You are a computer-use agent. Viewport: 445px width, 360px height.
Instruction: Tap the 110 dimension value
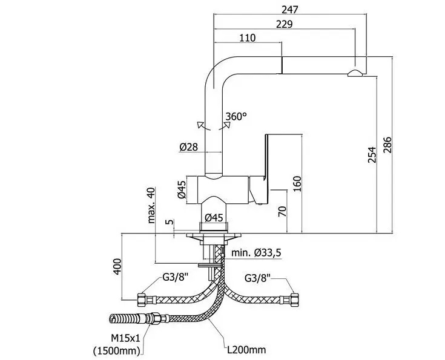tap(247, 38)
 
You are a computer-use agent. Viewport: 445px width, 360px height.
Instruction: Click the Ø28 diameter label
tap(189, 147)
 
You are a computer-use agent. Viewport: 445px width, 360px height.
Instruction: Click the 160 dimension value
tap(297, 183)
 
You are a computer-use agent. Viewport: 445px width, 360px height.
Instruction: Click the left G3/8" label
tap(175, 278)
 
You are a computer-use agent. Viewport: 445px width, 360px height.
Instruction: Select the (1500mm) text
tap(117, 350)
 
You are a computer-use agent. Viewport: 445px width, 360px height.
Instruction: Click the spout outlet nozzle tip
tap(356, 73)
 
